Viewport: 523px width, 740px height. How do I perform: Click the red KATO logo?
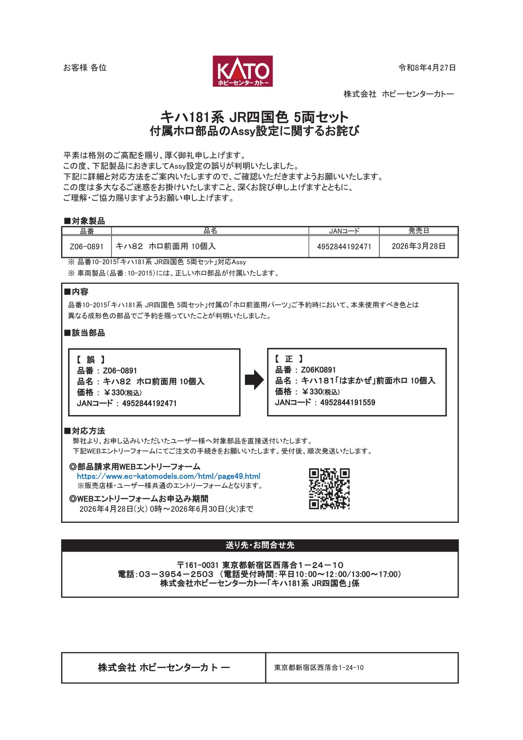242,71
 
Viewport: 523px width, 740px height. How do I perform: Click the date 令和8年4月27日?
427,68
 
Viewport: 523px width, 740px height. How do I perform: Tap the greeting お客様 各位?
85,68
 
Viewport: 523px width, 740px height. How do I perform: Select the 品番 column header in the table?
87,231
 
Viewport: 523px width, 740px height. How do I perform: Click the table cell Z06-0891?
87,246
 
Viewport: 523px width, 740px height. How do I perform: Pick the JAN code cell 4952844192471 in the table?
344,246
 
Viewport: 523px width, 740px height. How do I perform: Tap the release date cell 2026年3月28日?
418,246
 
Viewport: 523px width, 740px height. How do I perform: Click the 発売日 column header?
418,231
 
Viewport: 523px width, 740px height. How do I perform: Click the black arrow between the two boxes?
254,379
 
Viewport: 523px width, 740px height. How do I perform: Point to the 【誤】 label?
91,360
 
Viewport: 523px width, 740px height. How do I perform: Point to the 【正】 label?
289,359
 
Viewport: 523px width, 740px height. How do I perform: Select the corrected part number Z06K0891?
318,370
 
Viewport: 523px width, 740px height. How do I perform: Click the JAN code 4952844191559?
347,402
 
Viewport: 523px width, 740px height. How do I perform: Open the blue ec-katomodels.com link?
168,476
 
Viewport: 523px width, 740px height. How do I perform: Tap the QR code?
329,489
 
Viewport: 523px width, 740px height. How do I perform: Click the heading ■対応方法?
85,431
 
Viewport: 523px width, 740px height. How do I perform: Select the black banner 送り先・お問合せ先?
260,545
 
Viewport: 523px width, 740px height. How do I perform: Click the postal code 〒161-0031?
198,565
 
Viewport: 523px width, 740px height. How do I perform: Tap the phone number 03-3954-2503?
176,574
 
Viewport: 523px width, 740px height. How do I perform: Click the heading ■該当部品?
85,333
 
